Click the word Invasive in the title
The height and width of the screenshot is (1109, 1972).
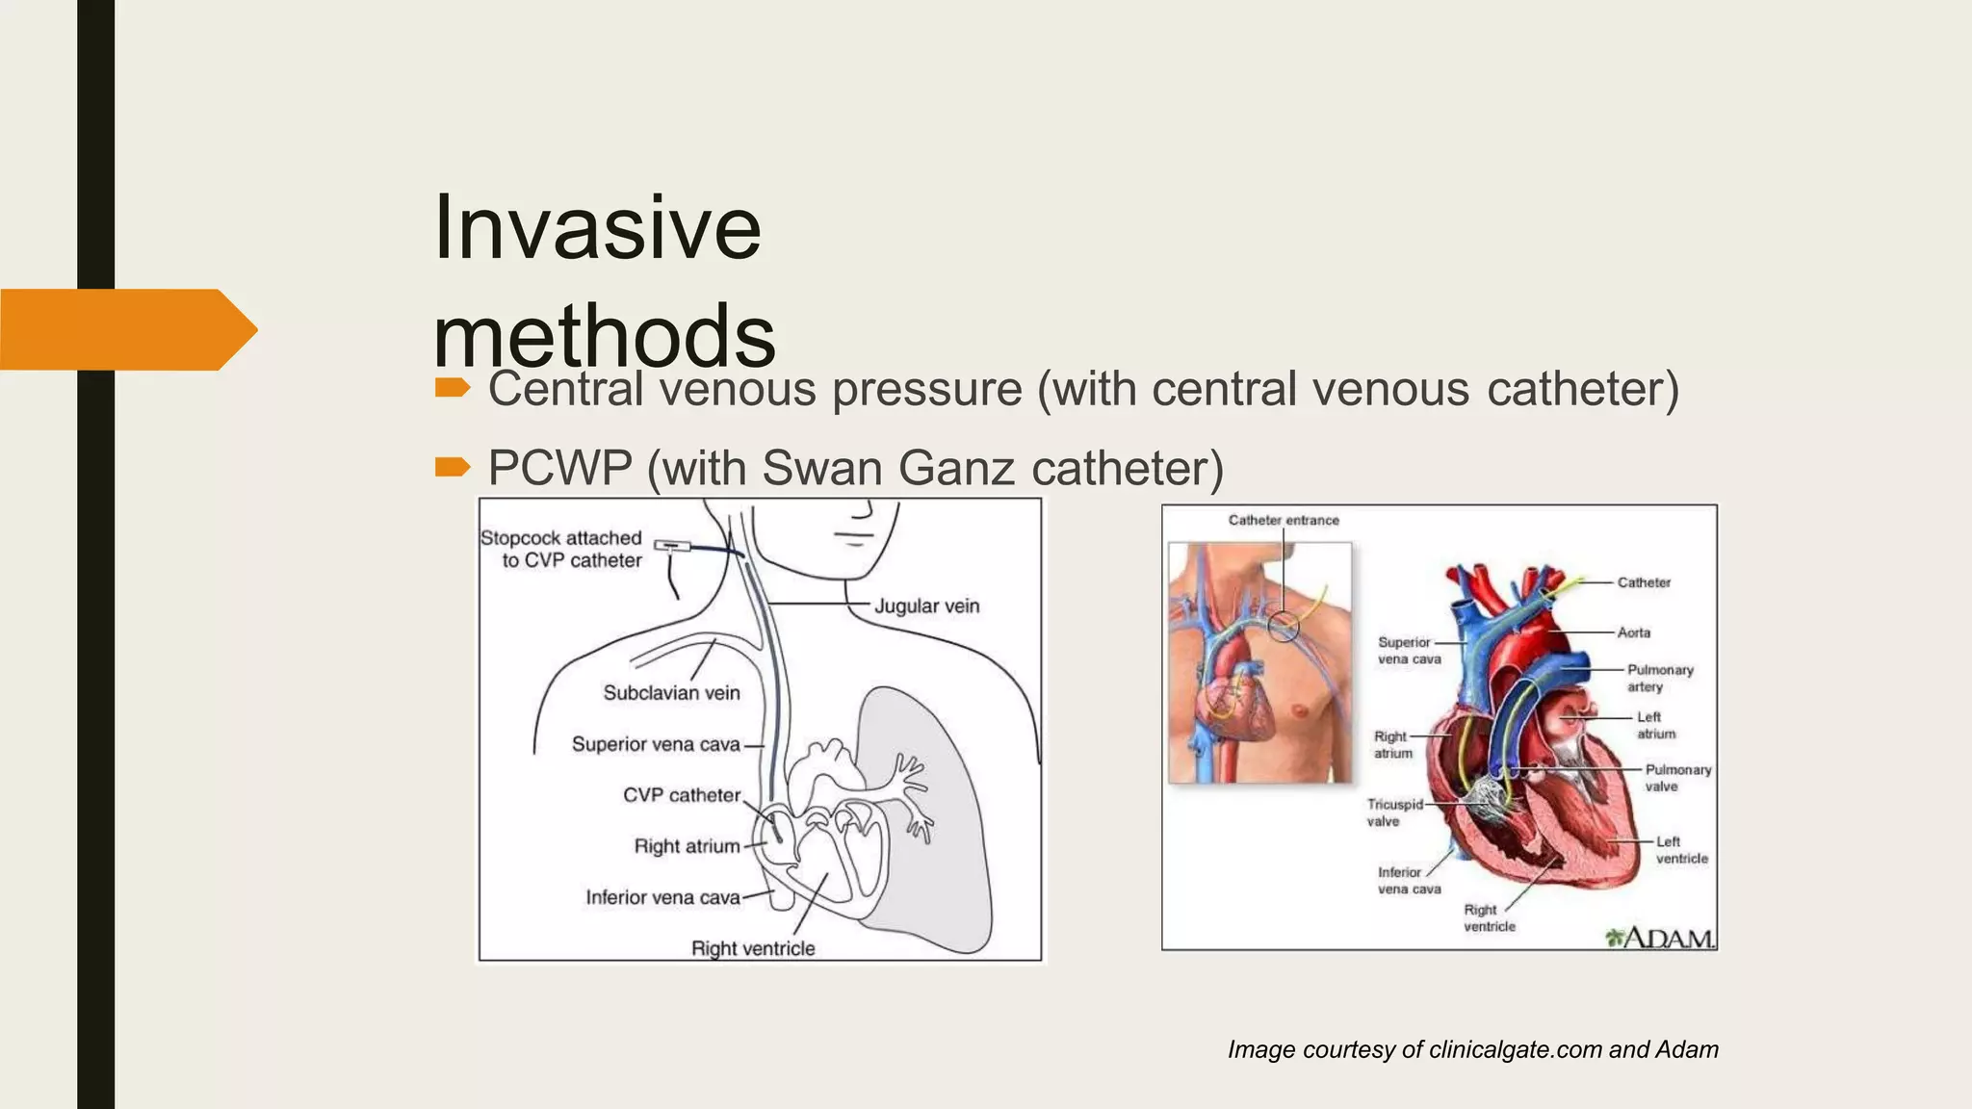pos(597,228)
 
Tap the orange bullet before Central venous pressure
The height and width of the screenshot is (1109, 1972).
pos(452,388)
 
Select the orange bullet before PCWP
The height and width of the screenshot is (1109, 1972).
pos(452,468)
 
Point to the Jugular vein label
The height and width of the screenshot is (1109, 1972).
pos(926,606)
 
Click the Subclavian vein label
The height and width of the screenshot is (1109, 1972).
pos(671,693)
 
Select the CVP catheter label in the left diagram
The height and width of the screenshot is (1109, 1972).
pos(682,795)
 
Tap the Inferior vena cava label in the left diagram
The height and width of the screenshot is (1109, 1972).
pos(662,897)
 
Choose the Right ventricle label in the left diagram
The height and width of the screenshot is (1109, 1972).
pos(753,948)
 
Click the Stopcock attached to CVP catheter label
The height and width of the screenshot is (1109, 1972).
pos(562,549)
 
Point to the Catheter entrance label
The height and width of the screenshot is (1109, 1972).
pos(1284,520)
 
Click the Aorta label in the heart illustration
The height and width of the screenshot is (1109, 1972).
pos(1634,632)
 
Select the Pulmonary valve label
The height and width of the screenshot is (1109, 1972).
pos(1677,778)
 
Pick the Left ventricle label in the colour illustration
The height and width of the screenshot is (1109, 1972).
pos(1681,850)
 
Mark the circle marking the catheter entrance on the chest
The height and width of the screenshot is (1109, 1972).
pos(1283,627)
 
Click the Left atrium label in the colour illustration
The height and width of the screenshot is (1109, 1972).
pos(1655,725)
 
